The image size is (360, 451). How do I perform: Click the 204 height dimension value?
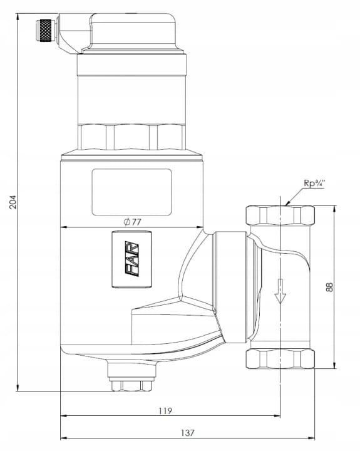click(x=13, y=202)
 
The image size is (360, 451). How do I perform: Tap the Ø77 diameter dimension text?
click(x=133, y=222)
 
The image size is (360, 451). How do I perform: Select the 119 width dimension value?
click(x=165, y=411)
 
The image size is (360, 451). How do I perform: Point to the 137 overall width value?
click(x=188, y=433)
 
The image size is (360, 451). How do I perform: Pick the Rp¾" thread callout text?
click(x=314, y=183)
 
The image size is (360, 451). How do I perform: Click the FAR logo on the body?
click(x=132, y=259)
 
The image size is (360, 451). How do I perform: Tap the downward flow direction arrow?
click(x=280, y=291)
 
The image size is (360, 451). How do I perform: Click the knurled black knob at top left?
click(x=46, y=31)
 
